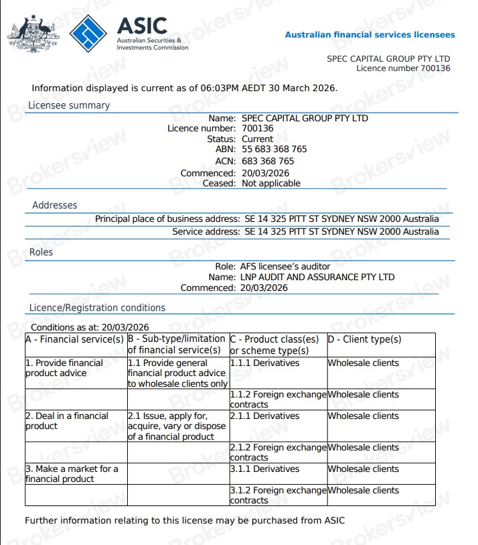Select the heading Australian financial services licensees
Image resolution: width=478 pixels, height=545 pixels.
pyautogui.click(x=370, y=35)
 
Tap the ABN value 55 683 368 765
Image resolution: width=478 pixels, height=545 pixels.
pyautogui.click(x=274, y=149)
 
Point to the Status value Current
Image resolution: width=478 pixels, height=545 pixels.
pyautogui.click(x=258, y=139)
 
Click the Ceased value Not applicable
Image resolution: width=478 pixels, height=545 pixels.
pyautogui.click(x=270, y=183)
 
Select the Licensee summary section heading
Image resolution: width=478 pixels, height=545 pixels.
pyautogui.click(x=69, y=105)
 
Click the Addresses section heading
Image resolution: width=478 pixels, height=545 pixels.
pyautogui.click(x=55, y=205)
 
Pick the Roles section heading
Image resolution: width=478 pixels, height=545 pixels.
pyautogui.click(x=41, y=253)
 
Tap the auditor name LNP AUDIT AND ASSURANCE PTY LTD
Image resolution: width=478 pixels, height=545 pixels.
pyautogui.click(x=317, y=277)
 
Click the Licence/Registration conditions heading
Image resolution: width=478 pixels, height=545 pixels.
pyautogui.click(x=97, y=308)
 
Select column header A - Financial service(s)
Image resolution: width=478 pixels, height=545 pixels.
pyautogui.click(x=74, y=339)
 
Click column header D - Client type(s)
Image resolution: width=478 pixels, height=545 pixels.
pyautogui.click(x=364, y=339)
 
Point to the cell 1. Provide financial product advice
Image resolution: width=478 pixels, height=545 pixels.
pyautogui.click(x=64, y=368)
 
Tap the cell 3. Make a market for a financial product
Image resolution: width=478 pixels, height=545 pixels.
pyautogui.click(x=72, y=474)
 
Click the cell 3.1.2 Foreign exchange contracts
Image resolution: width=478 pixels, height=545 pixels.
pyautogui.click(x=278, y=495)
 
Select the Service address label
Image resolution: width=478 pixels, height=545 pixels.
pyautogui.click(x=206, y=231)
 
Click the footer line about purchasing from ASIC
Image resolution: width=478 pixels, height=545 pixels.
pyautogui.click(x=185, y=520)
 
